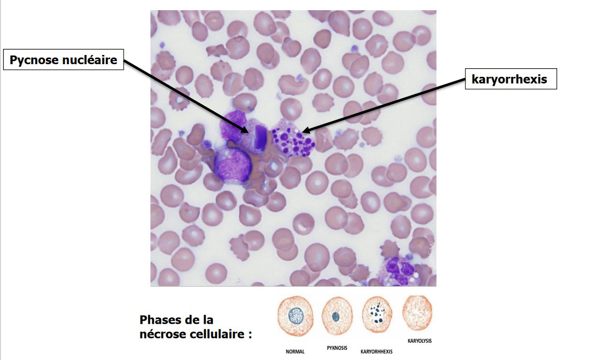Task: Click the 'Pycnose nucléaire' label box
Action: (x=64, y=61)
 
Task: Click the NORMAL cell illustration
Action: (x=295, y=316)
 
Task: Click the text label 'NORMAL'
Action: (x=295, y=351)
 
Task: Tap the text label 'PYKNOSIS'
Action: (x=337, y=348)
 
